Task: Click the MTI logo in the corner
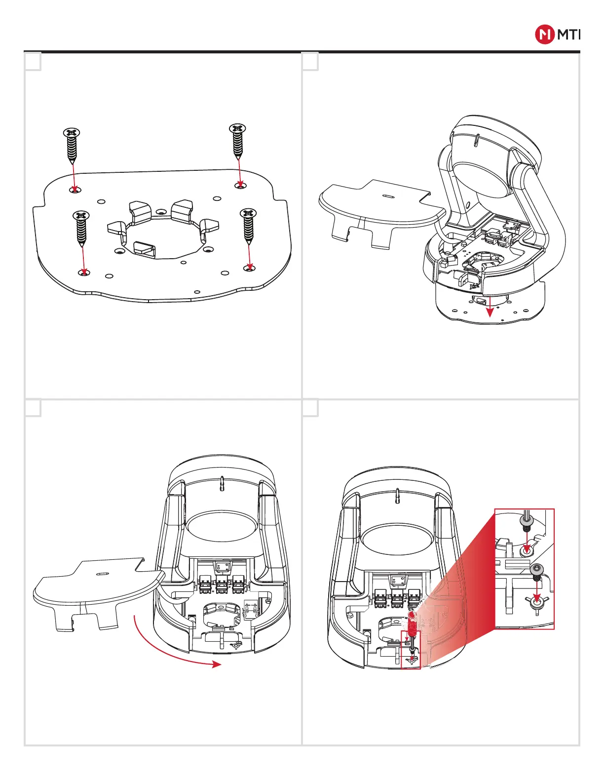tap(558, 35)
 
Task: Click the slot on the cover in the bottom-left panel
tap(103, 574)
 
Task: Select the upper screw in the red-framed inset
tap(526, 523)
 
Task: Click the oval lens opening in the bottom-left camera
tap(222, 525)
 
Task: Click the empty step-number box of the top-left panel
tap(33, 62)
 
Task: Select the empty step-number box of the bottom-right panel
tap(310, 408)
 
